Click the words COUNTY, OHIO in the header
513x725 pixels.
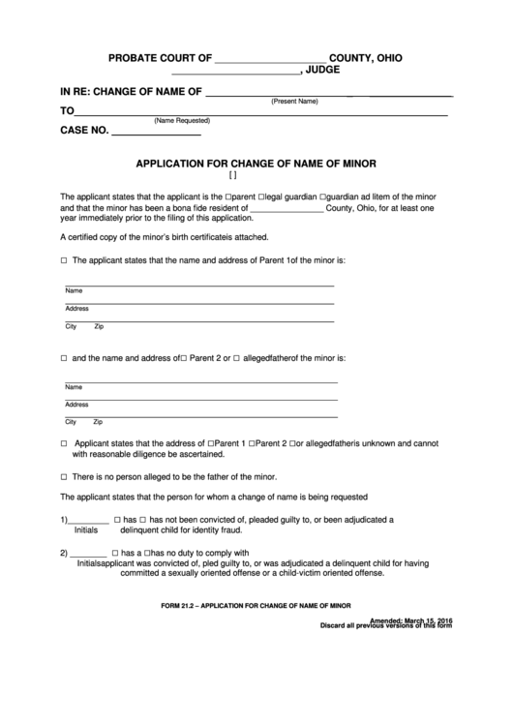[x=366, y=58]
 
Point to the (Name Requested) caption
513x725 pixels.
[x=182, y=120]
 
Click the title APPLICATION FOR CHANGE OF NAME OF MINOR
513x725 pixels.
[x=256, y=163]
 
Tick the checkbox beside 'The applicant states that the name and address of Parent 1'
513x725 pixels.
[x=64, y=261]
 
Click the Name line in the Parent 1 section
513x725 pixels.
[x=198, y=285]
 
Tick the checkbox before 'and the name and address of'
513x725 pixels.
[x=64, y=358]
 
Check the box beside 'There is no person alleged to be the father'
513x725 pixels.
[x=64, y=477]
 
